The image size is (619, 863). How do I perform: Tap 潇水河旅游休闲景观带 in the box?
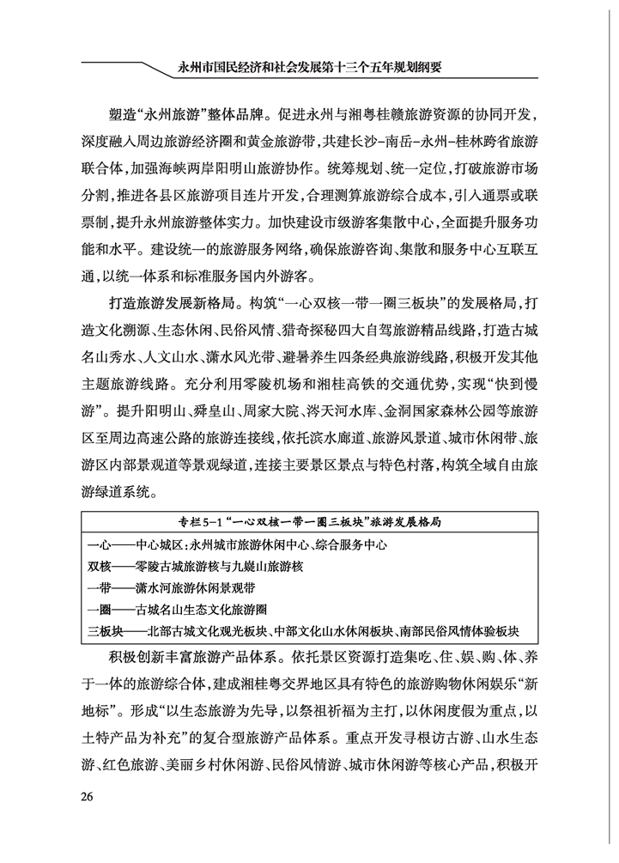point(197,589)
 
